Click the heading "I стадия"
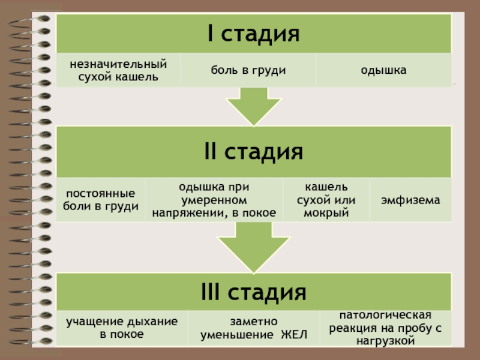click(x=253, y=34)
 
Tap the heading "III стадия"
click(x=253, y=293)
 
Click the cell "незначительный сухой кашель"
click(x=118, y=70)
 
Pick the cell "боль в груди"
click(x=247, y=70)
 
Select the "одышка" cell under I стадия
click(x=383, y=70)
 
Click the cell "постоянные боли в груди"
click(x=100, y=200)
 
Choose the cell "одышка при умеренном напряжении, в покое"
click(x=214, y=200)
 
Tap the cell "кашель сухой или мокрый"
click(x=326, y=200)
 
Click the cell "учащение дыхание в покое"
click(x=122, y=328)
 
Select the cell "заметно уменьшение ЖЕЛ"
click(x=253, y=328)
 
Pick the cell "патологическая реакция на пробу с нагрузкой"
click(x=385, y=328)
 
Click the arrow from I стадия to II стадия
click(x=253, y=107)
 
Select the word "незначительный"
click(x=118, y=64)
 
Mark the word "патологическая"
click(x=385, y=315)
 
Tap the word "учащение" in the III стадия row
click(x=90, y=322)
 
